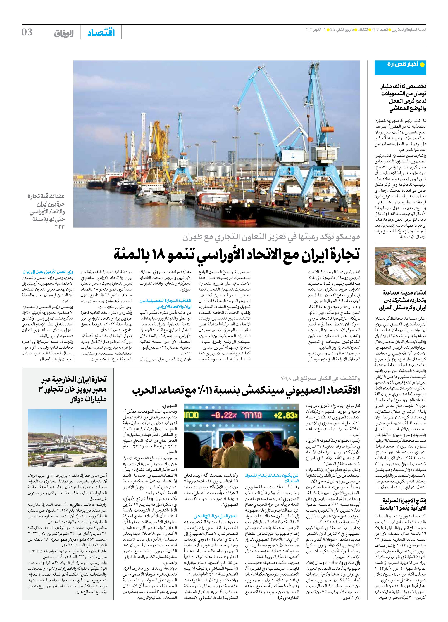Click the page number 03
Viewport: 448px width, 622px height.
[27, 32]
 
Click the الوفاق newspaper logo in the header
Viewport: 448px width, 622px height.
[64, 33]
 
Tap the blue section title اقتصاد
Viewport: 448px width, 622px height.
[101, 33]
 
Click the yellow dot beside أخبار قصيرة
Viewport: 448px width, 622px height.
[422, 65]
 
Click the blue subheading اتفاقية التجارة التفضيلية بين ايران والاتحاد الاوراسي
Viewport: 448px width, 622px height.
[166, 304]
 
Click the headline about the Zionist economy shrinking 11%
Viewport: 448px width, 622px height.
[246, 390]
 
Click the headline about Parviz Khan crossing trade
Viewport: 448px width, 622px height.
[74, 389]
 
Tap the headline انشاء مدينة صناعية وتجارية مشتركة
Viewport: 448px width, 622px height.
[403, 300]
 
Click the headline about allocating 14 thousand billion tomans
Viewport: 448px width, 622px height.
[403, 98]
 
